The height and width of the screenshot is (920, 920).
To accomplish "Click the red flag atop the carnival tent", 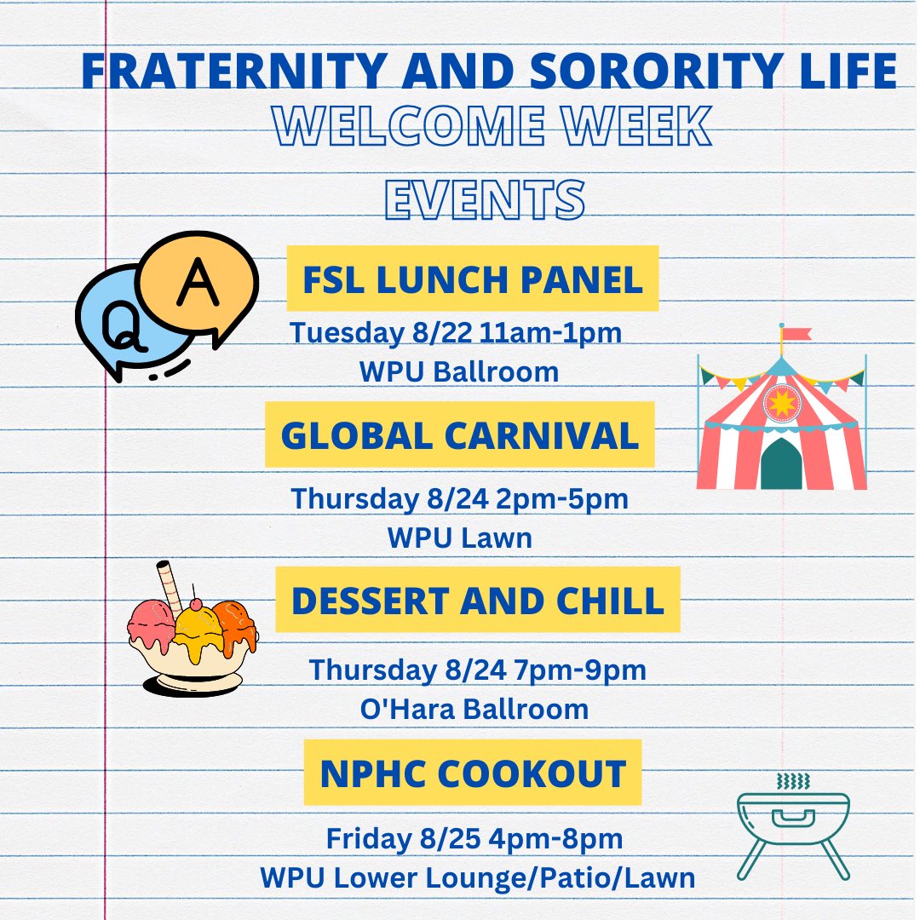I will tap(796, 333).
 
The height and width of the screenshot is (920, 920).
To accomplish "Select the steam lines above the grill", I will tap(793, 781).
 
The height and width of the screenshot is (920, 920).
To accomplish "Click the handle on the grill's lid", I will tap(793, 819).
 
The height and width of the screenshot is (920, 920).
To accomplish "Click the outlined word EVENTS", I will tap(485, 199).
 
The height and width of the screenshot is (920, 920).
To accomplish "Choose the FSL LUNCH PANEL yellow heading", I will tap(473, 279).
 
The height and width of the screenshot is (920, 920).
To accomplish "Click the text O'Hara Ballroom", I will tap(474, 709).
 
